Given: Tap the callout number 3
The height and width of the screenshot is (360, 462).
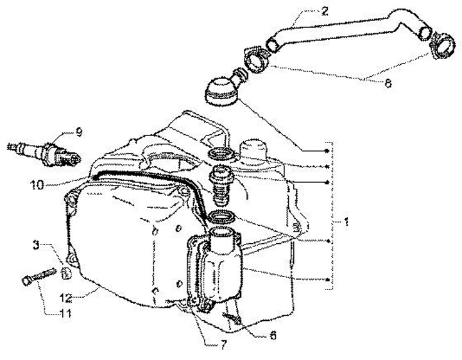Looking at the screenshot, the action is pyautogui.click(x=38, y=244).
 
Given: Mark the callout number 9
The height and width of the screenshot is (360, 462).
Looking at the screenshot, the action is pyautogui.click(x=79, y=132).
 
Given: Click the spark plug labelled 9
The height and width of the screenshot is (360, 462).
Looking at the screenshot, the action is pyautogui.click(x=45, y=151).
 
